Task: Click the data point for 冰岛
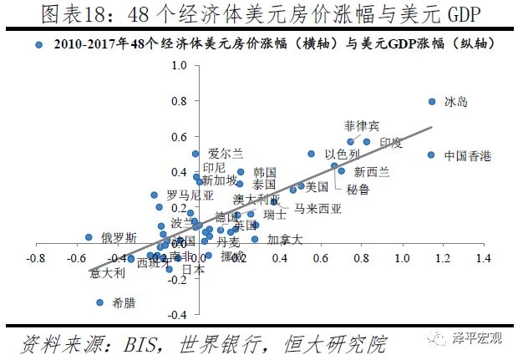coord(432,102)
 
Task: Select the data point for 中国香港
coord(431,155)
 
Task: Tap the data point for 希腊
coord(99,302)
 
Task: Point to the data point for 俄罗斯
coord(89,237)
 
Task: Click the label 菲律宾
coord(362,125)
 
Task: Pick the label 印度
coord(391,143)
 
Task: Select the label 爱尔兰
coord(226,153)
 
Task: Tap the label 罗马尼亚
coord(190,195)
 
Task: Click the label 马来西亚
coord(317,209)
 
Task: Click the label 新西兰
coord(372,172)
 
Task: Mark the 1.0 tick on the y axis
coord(178,65)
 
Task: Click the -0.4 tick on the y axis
coord(176,315)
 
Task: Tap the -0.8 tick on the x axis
coord(36,259)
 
